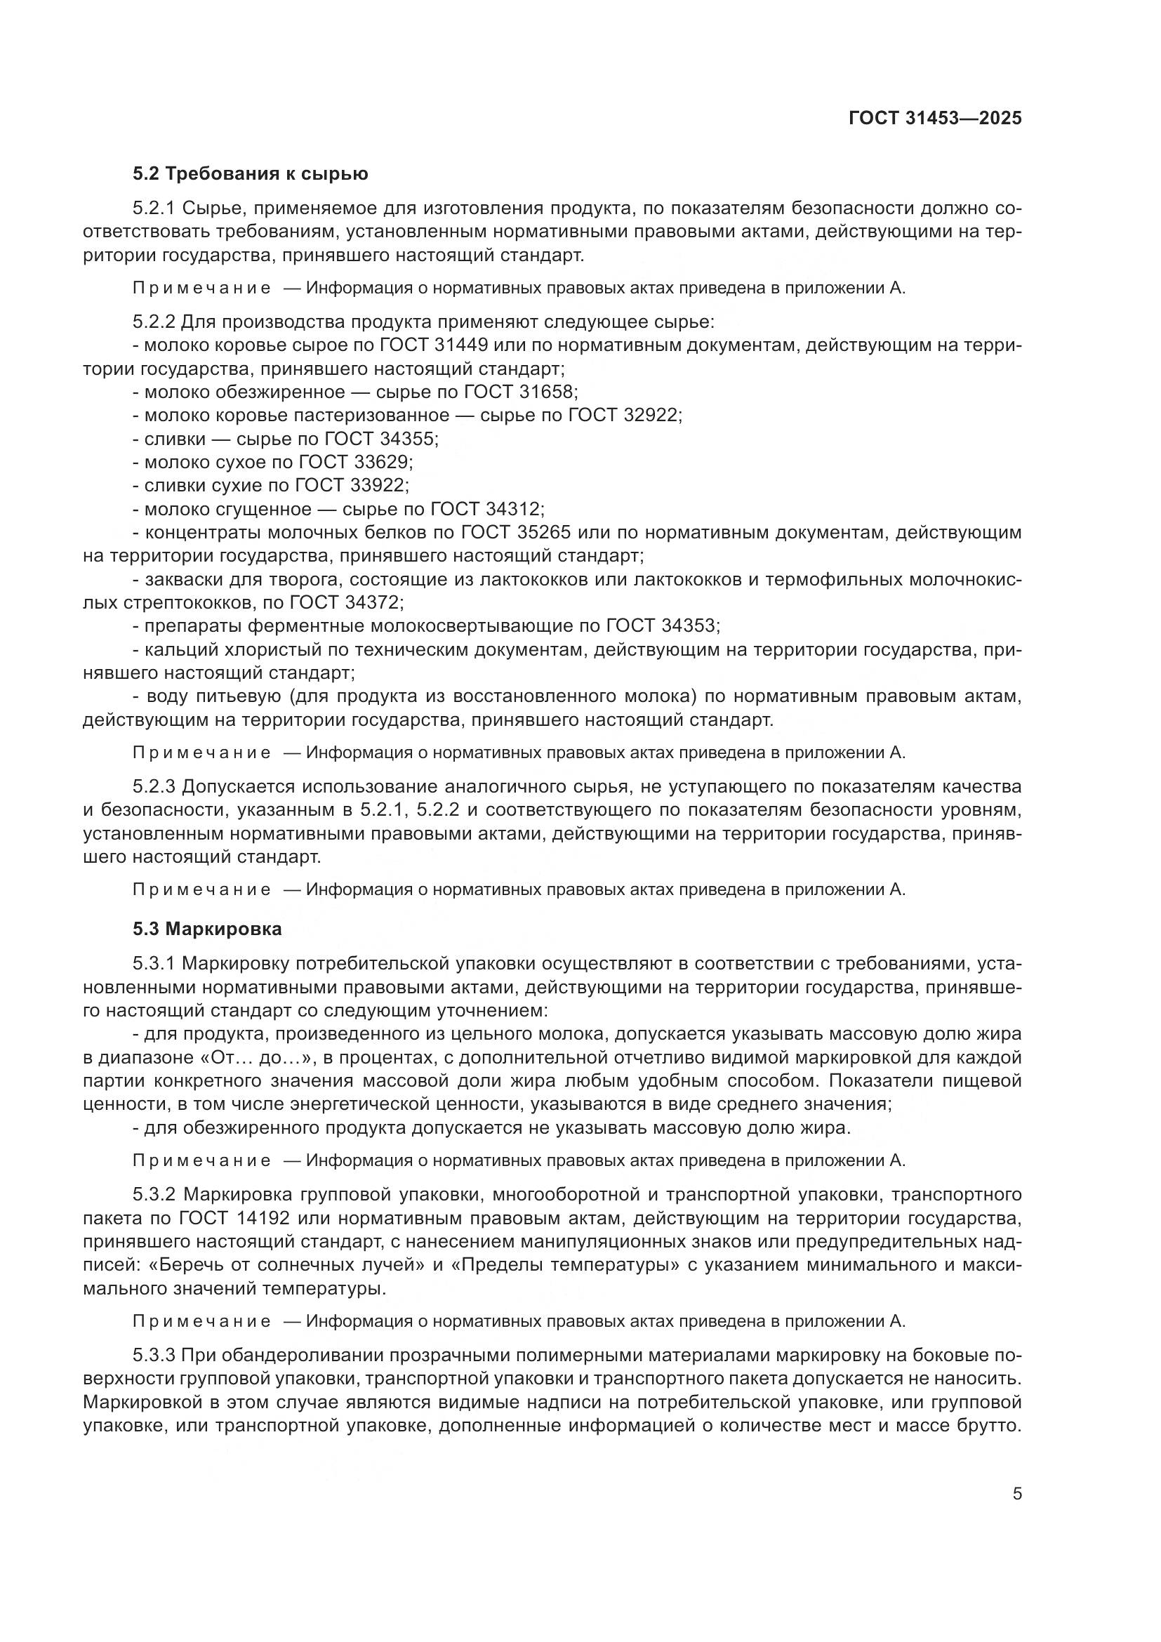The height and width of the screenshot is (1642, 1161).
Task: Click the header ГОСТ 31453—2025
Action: (x=935, y=118)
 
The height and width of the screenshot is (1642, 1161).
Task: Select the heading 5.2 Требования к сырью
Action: (x=250, y=174)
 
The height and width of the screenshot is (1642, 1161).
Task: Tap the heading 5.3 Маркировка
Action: (x=207, y=929)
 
